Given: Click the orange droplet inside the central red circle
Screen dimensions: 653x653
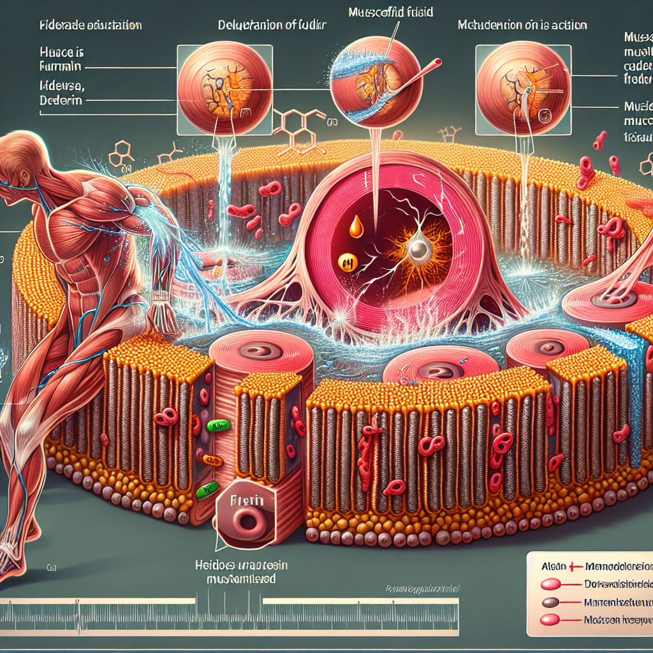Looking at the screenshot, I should pyautogui.click(x=356, y=226).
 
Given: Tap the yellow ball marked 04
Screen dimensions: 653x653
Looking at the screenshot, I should pyautogui.click(x=348, y=262).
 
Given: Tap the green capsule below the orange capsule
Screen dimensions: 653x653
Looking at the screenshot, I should pyautogui.click(x=208, y=490).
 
